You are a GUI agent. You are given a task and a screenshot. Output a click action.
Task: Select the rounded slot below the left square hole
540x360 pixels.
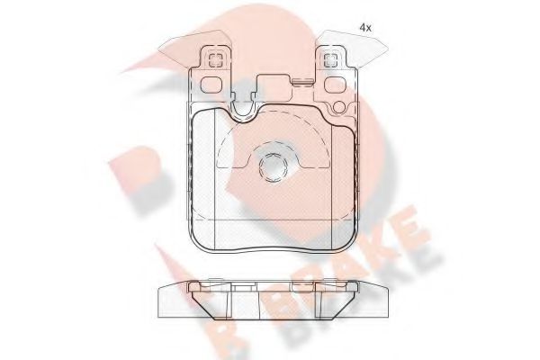214,86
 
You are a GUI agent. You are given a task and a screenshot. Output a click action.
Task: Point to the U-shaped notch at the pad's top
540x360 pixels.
240,108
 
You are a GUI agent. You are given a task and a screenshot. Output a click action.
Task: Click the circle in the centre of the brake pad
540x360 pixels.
270,166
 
